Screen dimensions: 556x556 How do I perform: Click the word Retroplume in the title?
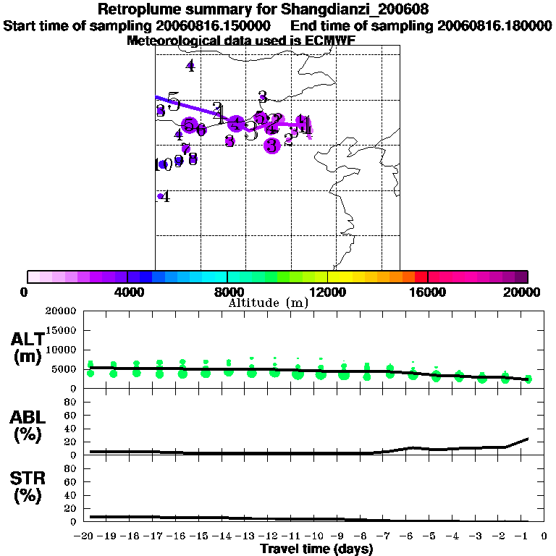point(138,10)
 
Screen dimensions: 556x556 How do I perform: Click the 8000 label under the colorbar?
point(227,292)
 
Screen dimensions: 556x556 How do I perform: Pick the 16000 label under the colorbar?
point(428,292)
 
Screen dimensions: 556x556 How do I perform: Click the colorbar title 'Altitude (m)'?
point(268,303)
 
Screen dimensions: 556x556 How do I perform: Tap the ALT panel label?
point(27,340)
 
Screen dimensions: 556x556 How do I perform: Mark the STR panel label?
point(27,478)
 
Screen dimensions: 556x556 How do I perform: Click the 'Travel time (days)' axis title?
point(316,549)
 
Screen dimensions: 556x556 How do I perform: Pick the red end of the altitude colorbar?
point(420,277)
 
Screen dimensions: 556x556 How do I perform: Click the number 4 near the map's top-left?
point(190,67)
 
